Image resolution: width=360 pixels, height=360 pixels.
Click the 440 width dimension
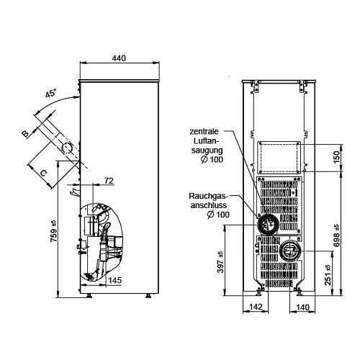(x=119, y=58)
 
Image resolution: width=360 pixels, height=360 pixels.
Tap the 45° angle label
(x=51, y=93)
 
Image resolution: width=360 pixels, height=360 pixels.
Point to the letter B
(x=25, y=133)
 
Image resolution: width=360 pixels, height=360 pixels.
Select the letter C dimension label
(x=43, y=173)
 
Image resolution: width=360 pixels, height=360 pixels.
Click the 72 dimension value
(x=109, y=181)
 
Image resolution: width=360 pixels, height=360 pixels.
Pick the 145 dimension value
(x=115, y=280)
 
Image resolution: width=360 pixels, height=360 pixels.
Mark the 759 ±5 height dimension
(x=54, y=231)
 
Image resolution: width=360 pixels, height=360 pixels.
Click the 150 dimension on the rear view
(x=337, y=157)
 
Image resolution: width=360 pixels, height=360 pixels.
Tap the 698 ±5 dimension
(x=336, y=235)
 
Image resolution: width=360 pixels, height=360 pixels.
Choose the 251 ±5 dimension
(x=328, y=275)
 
